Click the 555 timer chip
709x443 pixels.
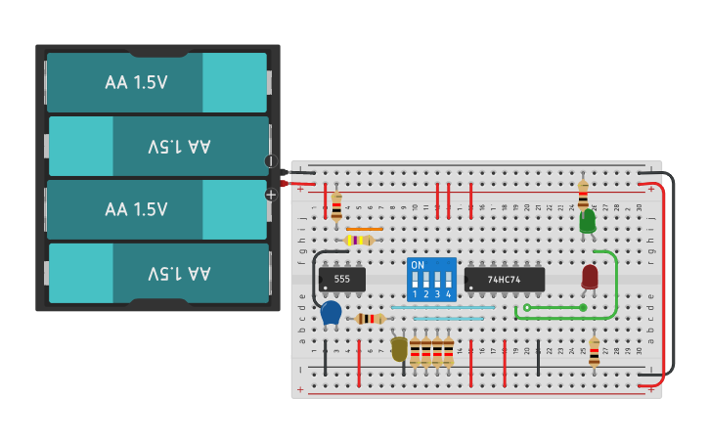click(x=342, y=280)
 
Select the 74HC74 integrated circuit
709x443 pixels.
click(x=505, y=280)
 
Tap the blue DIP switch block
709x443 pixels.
click(x=431, y=280)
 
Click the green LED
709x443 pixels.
click(x=587, y=223)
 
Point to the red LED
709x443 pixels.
click(x=590, y=277)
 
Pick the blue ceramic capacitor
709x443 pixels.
click(x=332, y=313)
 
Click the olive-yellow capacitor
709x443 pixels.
click(x=399, y=348)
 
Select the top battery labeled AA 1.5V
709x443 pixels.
click(x=156, y=82)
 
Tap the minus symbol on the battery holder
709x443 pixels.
click(x=271, y=161)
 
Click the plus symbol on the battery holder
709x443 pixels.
click(x=271, y=195)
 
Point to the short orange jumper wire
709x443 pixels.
click(x=364, y=229)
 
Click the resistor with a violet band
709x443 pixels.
click(x=359, y=240)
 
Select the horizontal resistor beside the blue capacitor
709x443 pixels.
click(x=370, y=319)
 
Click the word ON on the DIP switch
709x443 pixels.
click(x=418, y=265)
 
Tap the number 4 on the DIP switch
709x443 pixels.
click(x=449, y=293)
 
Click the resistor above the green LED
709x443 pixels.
click(x=583, y=194)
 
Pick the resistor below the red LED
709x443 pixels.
click(x=594, y=352)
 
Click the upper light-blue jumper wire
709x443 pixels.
click(x=442, y=307)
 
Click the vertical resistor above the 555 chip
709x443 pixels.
click(x=336, y=205)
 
